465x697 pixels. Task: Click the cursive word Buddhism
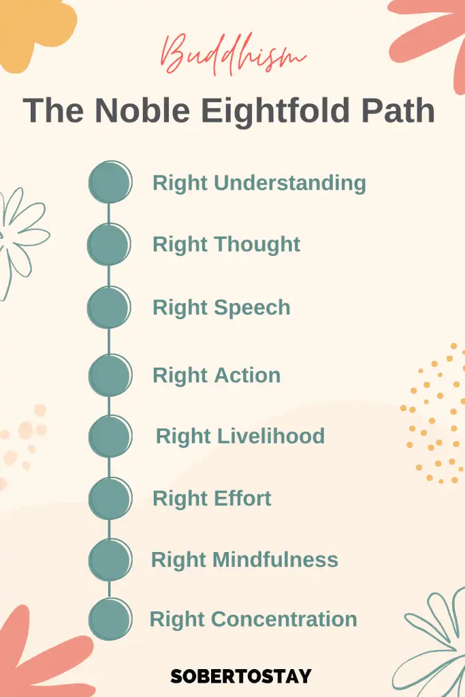(233, 54)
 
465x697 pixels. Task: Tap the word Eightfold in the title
(275, 110)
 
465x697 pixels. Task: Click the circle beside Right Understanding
(110, 182)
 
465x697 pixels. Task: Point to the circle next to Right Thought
(109, 244)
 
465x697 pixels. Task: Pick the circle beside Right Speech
(109, 307)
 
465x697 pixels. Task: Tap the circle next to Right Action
(110, 375)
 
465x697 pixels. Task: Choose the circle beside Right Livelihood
(110, 436)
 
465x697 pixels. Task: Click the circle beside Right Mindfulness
(110, 560)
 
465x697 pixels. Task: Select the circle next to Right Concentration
(110, 619)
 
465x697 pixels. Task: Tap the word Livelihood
(271, 436)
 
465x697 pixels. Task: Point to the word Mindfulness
(275, 560)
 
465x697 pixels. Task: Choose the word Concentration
(284, 619)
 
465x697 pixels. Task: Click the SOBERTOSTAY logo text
(241, 676)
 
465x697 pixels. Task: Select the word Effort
(242, 498)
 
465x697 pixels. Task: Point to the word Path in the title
(398, 110)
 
